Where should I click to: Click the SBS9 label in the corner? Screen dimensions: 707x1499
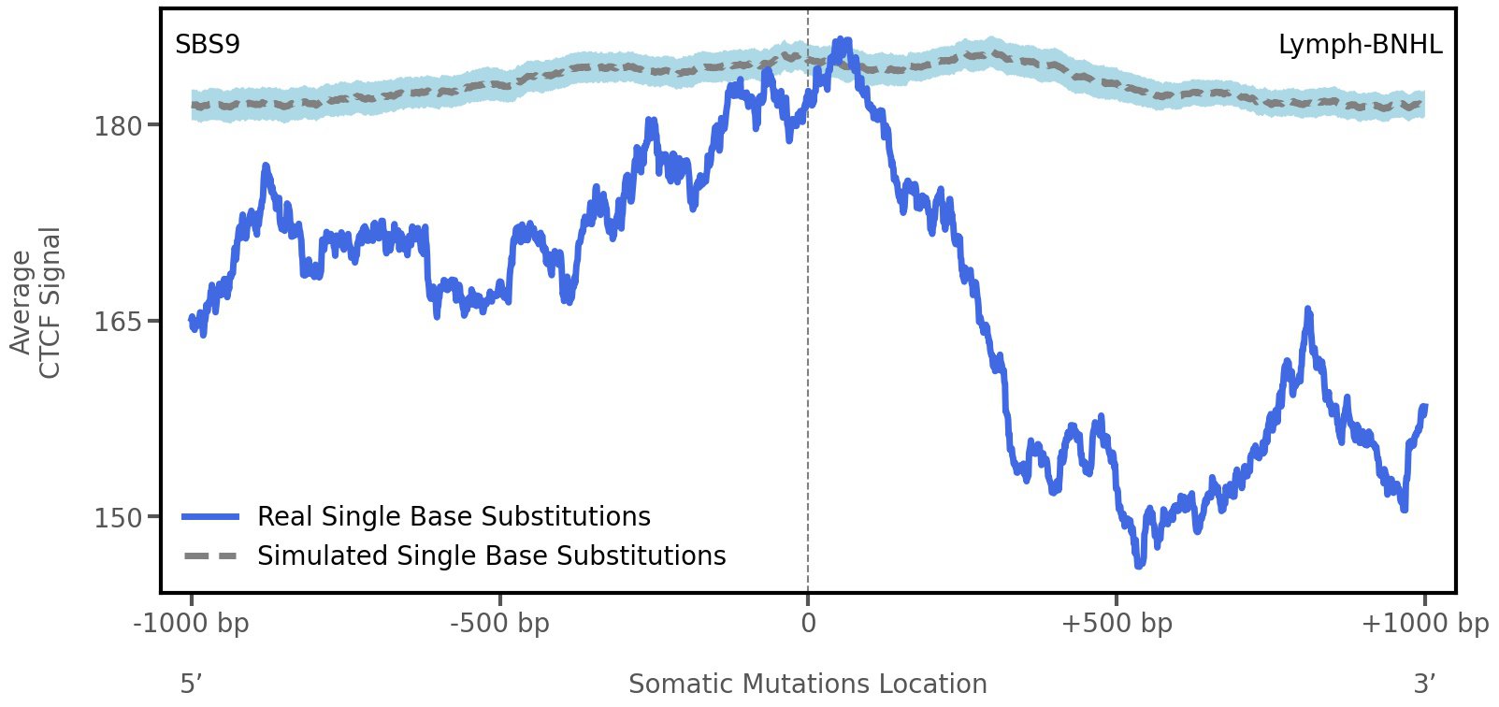pos(208,45)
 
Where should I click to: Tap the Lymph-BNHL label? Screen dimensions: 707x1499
pos(1360,45)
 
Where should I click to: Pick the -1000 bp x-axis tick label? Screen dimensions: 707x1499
pos(192,624)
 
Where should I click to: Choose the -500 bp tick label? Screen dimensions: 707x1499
pos(499,624)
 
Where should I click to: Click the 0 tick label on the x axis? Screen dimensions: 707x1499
pos(808,624)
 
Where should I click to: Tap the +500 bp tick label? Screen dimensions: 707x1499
pos(1117,624)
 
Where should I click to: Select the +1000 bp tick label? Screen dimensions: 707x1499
pos(1424,624)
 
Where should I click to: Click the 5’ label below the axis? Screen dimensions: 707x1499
pos(192,685)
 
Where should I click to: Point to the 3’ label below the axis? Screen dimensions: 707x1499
pos(1424,685)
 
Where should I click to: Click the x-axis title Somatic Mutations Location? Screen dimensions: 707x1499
pos(807,685)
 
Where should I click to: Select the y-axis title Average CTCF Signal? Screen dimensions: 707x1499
pos(36,303)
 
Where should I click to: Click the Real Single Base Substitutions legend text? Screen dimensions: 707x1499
pos(454,517)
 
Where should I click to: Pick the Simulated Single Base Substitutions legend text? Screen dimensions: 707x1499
pos(491,556)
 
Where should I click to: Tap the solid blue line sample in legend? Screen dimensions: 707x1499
pos(211,517)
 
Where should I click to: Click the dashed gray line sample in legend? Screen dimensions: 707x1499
pos(211,556)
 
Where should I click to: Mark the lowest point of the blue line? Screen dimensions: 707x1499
pos(1139,565)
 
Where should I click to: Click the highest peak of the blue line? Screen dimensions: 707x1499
pos(842,40)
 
